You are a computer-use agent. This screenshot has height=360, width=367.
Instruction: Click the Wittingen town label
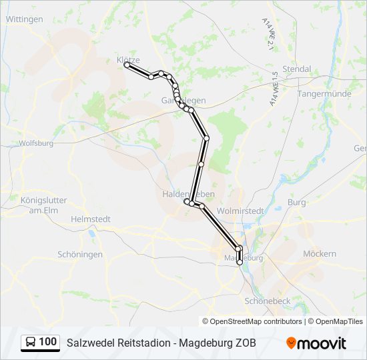(x=24, y=19)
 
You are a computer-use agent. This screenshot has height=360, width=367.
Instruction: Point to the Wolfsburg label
(x=36, y=143)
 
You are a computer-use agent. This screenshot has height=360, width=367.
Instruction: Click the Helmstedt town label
(x=90, y=219)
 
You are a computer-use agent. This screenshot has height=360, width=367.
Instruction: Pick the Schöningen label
(x=80, y=255)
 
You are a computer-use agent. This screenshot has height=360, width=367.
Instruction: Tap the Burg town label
(x=296, y=201)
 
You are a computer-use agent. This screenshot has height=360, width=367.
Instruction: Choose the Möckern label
(x=320, y=254)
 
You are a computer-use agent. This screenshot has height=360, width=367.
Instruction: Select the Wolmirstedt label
(x=241, y=210)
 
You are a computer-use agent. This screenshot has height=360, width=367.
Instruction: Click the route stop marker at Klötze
(x=127, y=65)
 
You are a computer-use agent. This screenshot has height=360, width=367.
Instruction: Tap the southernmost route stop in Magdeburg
(x=240, y=263)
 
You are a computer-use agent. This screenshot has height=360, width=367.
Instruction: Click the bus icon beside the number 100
(x=31, y=343)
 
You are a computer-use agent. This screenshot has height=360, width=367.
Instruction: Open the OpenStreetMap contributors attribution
(x=256, y=321)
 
